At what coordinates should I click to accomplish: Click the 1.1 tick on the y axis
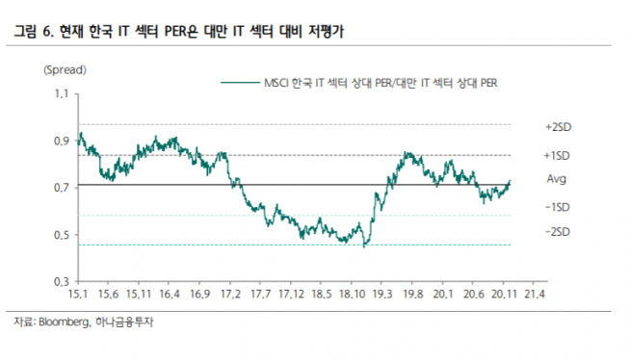[62, 94]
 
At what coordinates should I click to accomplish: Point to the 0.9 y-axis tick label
[62, 141]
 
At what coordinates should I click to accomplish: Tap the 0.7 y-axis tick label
[62, 188]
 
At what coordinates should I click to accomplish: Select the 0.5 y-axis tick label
[62, 235]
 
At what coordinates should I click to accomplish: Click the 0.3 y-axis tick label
[62, 281]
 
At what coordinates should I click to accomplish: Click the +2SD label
[559, 127]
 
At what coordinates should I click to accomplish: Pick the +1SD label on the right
[559, 155]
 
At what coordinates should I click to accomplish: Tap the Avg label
[556, 179]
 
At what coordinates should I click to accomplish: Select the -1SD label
[559, 207]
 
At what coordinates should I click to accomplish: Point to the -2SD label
[559, 232]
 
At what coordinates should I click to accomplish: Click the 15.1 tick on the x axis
[78, 294]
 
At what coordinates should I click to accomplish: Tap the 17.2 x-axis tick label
[230, 294]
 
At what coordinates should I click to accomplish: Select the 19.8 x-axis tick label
[412, 294]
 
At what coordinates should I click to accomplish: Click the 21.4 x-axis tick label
[534, 294]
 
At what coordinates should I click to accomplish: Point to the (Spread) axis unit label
[64, 69]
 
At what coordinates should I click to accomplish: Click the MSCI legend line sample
[240, 84]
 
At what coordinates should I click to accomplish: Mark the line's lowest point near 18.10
[364, 246]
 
